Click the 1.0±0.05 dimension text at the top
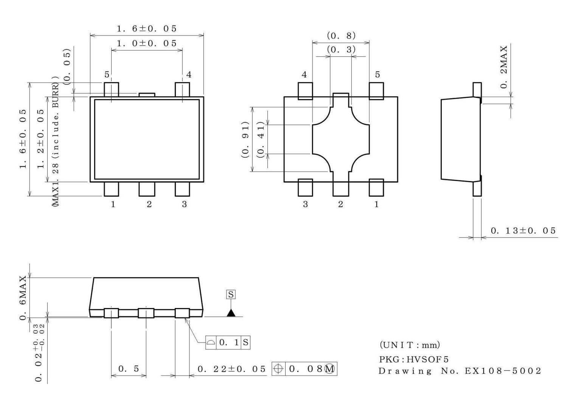(147, 43)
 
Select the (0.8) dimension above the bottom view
(341, 36)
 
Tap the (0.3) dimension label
(341, 50)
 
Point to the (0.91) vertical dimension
(245, 139)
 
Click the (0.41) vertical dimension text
(260, 139)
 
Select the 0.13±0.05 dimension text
(523, 231)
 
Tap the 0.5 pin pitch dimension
(129, 369)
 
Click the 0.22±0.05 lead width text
(231, 369)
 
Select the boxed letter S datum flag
(231, 294)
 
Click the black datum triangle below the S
(231, 313)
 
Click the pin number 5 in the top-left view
(107, 74)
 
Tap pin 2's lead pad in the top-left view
(147, 189)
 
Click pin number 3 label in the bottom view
(305, 204)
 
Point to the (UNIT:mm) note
(410, 345)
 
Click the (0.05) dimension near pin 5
(67, 66)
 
